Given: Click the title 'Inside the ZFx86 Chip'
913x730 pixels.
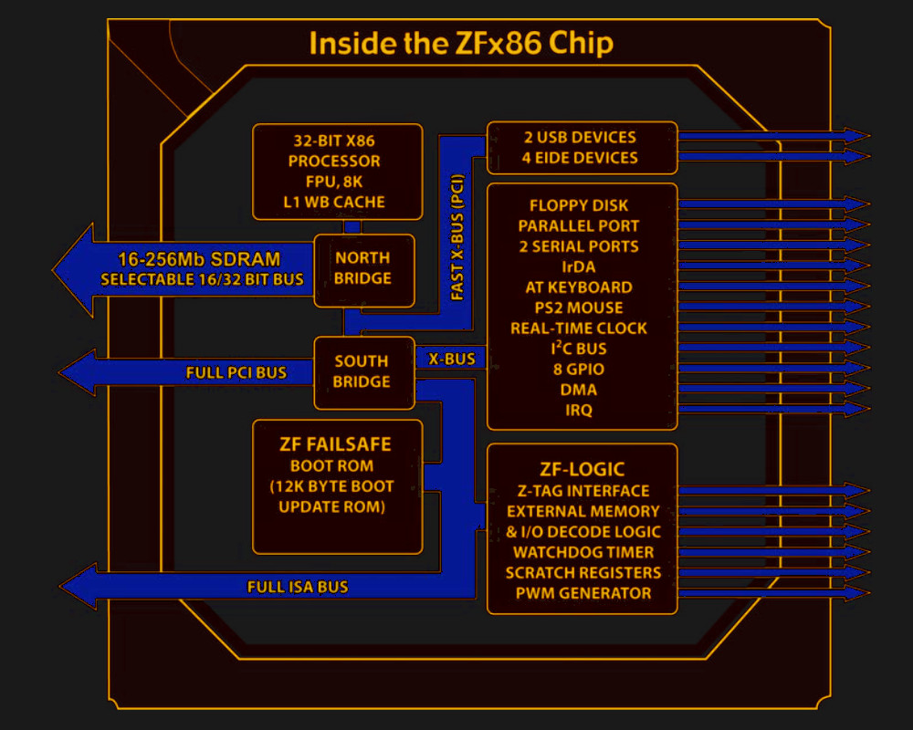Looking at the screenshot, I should (x=460, y=43).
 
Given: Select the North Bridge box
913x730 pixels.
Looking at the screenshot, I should (x=362, y=268).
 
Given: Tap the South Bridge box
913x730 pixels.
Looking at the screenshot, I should (x=362, y=371).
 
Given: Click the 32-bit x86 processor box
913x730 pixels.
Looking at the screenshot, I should (x=337, y=172).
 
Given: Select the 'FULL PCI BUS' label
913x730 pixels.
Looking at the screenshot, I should (x=236, y=372).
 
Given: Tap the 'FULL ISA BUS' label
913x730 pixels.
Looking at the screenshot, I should (x=298, y=587).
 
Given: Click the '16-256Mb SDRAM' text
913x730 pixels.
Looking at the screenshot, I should (x=198, y=257).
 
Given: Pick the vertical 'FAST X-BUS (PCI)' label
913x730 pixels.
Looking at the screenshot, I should (x=457, y=236).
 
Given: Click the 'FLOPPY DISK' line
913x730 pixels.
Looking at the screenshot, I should (x=579, y=205).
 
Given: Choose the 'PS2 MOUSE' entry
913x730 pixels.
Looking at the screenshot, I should (x=579, y=308).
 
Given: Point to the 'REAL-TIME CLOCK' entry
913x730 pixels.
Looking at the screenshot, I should (x=579, y=328).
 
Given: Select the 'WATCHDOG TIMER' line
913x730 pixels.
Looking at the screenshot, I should (x=582, y=552).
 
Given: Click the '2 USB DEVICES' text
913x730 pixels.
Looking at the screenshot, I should (x=580, y=137).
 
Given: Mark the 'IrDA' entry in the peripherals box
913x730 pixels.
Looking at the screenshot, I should (x=579, y=266).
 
